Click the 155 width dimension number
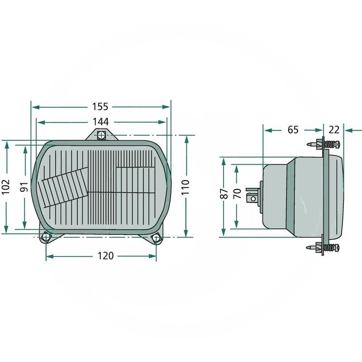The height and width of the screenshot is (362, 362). click(x=100, y=107)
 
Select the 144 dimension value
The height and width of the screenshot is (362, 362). click(x=101, y=122)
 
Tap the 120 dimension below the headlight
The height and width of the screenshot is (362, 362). click(x=105, y=256)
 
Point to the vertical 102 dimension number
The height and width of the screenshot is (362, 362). click(x=6, y=186)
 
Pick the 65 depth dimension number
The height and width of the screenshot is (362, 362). click(x=293, y=130)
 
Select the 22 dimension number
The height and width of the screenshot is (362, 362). click(x=334, y=130)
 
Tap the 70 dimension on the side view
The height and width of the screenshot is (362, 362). click(x=236, y=194)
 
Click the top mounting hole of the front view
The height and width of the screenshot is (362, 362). click(x=102, y=135)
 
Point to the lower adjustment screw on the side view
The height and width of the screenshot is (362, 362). click(x=327, y=248)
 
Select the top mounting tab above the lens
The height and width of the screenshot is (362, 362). click(x=102, y=134)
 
